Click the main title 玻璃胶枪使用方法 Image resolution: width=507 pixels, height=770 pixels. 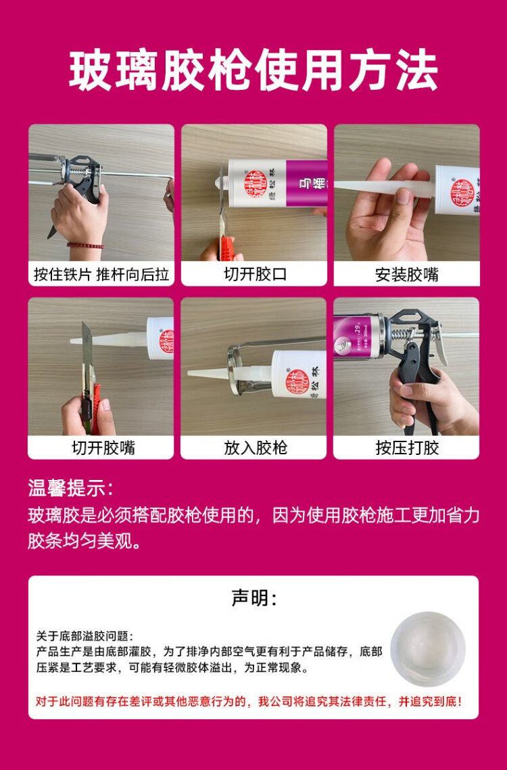pos(253,70)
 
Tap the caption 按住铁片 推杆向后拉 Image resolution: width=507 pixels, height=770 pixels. pos(101,274)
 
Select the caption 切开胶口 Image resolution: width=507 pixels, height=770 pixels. pos(254,274)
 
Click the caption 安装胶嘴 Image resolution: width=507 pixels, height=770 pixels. pos(407,274)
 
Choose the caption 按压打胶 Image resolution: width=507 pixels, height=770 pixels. pos(407,448)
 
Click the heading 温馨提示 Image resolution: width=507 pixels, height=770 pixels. pos(70,489)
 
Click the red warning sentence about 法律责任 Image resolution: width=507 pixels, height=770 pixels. pos(249,701)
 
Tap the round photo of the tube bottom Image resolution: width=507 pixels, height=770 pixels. pos(427,649)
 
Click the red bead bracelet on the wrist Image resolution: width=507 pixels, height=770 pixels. pos(85,245)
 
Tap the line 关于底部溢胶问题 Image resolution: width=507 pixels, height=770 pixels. pos(84,636)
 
